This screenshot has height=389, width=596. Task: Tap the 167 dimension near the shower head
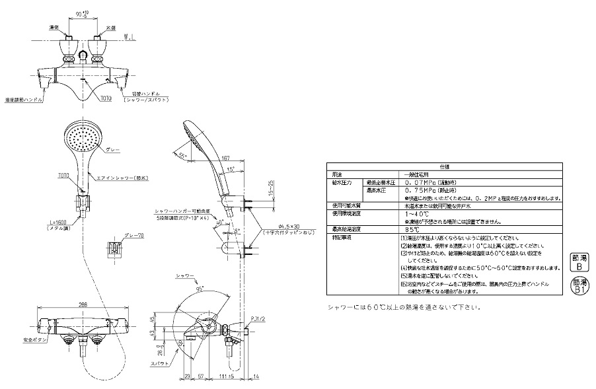coord(226,158)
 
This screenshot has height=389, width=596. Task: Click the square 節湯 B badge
coord(578,263)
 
